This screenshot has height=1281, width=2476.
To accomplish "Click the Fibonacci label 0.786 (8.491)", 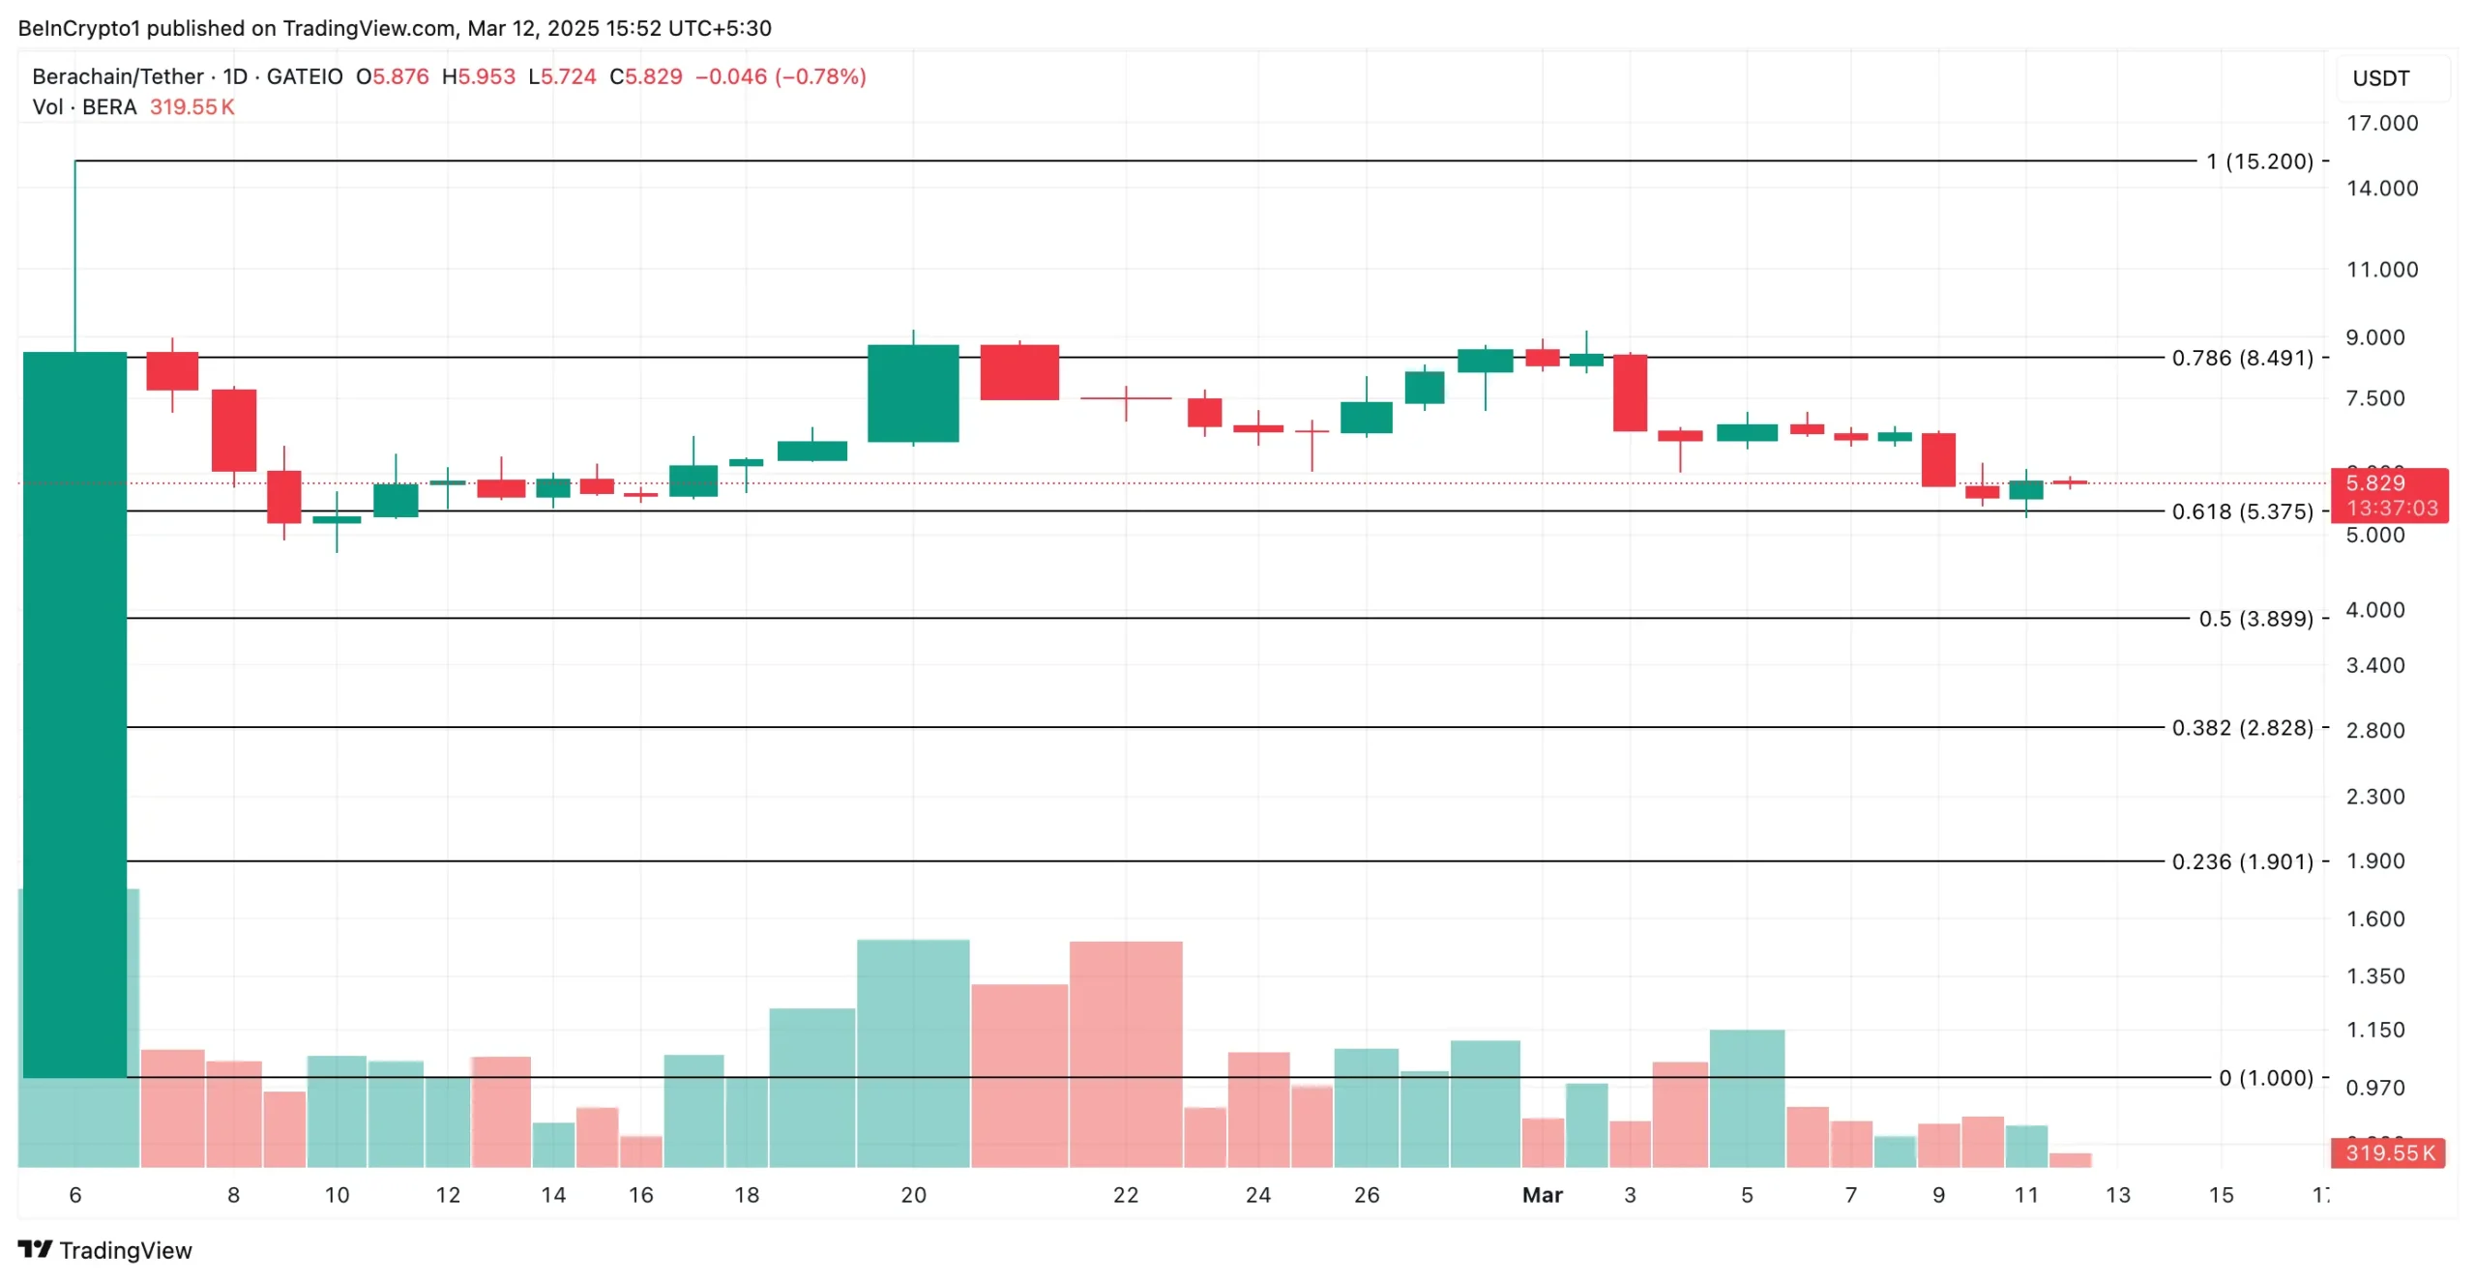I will (2241, 358).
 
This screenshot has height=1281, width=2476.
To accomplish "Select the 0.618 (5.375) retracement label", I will (2241, 510).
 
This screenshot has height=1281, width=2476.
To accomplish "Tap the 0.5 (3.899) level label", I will (2255, 618).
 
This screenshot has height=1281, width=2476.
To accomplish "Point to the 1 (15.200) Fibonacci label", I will (2258, 160).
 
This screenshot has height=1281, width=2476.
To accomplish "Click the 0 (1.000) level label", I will (2264, 1077).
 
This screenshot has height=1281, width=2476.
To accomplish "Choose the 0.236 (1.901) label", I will (2241, 860).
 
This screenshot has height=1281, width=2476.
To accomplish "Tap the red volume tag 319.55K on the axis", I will (2388, 1152).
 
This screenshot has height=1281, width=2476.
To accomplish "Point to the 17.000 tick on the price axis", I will (2380, 123).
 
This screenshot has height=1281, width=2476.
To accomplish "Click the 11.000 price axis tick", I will (2380, 269).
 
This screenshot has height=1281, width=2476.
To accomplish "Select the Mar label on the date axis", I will (1542, 1195).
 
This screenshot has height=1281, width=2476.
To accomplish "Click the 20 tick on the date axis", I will (913, 1195).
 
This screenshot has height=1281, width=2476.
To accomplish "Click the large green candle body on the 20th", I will (913, 393).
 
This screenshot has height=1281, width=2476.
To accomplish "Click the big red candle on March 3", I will (1630, 393).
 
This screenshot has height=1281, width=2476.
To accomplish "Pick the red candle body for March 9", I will (1937, 459).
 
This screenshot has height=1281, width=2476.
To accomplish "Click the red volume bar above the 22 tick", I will (1125, 1054).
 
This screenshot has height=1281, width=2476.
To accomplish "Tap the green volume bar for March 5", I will (1747, 1098).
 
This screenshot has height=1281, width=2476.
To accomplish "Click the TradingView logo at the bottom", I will (104, 1250).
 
